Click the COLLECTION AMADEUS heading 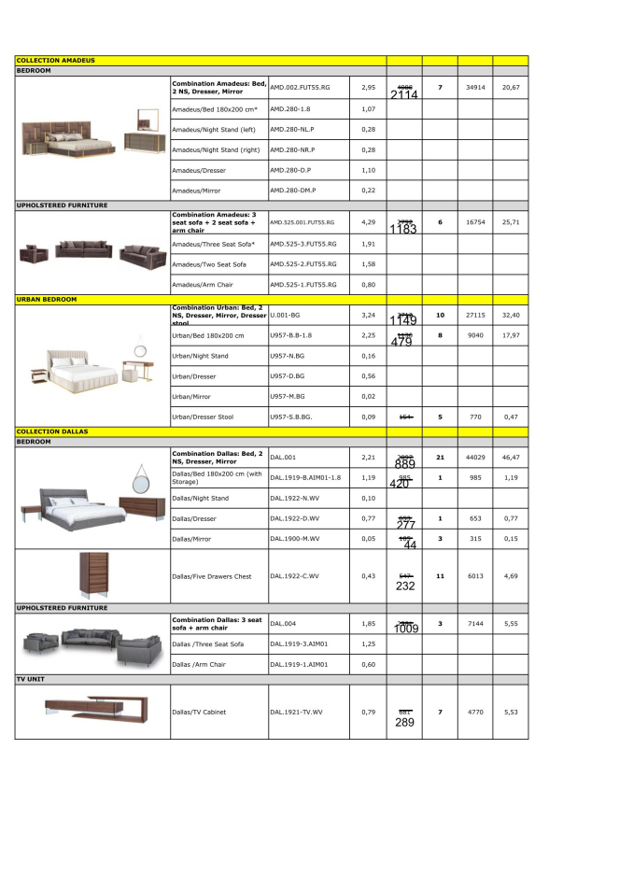point(55,60)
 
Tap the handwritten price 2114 point(404,95)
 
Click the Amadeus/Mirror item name point(199,191)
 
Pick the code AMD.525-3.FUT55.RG point(302,243)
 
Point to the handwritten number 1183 point(404,229)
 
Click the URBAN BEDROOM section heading point(47,299)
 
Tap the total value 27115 point(475,316)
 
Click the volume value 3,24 point(368,316)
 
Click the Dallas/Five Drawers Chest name point(212,576)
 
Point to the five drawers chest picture point(92,576)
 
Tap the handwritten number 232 point(405,586)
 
